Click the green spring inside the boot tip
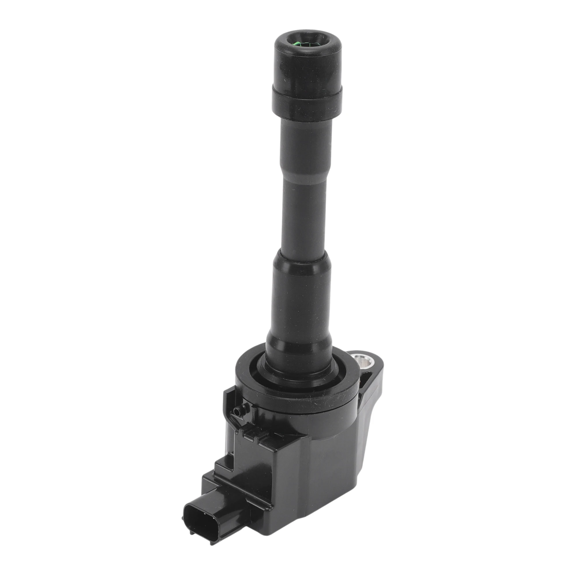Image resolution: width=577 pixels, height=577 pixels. pyautogui.click(x=307, y=45)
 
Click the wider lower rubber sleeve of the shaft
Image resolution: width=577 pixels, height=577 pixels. pyautogui.click(x=302, y=299)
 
